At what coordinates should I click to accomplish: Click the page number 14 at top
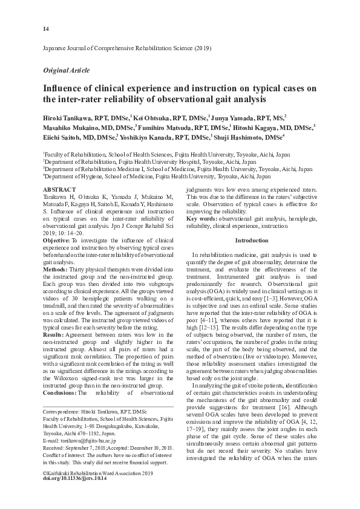(46, 29)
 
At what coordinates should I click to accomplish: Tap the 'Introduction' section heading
(251, 241)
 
